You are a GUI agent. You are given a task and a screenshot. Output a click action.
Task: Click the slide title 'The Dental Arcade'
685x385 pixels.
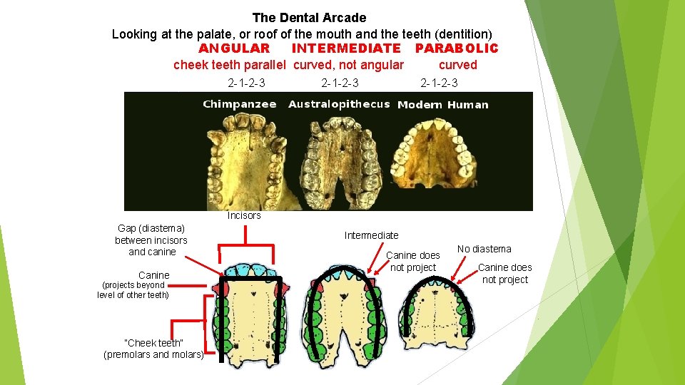[309, 18]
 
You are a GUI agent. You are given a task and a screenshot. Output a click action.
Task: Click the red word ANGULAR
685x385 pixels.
[234, 48]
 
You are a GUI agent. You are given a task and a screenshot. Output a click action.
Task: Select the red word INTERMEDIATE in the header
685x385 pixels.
[346, 48]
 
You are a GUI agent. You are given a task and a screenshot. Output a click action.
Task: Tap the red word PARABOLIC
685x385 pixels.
[457, 48]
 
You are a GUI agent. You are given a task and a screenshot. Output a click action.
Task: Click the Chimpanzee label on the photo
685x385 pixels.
[240, 104]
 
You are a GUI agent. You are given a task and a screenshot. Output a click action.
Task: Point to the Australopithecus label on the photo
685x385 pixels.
[339, 104]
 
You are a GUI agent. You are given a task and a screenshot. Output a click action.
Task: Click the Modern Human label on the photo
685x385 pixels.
[442, 105]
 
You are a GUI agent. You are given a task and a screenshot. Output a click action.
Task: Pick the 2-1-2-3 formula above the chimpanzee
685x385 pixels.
[246, 83]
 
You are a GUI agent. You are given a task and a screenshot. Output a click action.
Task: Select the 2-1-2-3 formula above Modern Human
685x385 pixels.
[439, 83]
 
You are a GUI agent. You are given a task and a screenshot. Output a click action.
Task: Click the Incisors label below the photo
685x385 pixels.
[244, 215]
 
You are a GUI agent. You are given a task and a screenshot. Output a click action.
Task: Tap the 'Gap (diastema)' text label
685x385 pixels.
[151, 228]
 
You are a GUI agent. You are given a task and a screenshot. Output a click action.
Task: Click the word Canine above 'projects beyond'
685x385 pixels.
[154, 275]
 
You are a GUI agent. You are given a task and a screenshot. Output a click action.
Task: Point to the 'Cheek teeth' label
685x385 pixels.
[154, 344]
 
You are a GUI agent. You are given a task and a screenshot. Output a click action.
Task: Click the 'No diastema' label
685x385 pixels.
[484, 249]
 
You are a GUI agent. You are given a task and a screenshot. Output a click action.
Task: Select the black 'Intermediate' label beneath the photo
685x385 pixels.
[371, 235]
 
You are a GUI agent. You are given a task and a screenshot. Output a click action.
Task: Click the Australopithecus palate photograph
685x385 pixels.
[339, 160]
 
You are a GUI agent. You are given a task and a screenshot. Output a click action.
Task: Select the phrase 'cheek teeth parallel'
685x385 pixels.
[230, 65]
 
